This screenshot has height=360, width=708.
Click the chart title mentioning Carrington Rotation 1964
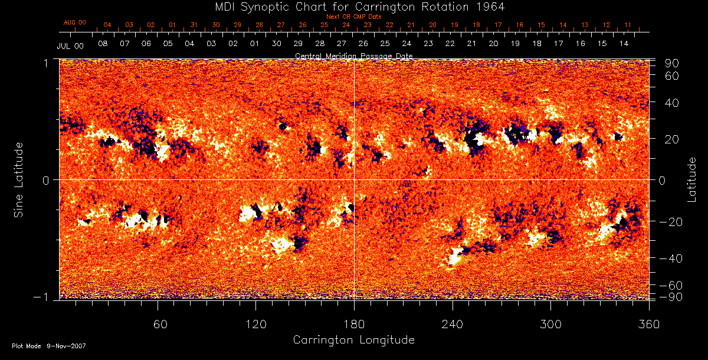(354, 6)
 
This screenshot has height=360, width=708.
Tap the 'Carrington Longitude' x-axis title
(353, 340)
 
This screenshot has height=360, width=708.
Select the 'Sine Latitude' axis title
(19, 179)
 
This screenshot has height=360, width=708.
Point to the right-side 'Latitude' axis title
(692, 179)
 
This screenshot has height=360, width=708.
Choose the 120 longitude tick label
(255, 325)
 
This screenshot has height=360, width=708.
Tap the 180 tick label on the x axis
(354, 325)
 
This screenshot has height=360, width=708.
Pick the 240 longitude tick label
(452, 325)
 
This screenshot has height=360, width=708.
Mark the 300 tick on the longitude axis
(550, 325)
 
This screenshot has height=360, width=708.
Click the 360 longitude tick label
(649, 325)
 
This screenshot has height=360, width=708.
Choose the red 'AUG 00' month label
(74, 22)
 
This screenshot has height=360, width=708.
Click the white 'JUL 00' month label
(70, 45)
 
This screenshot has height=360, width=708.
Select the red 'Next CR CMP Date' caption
(353, 17)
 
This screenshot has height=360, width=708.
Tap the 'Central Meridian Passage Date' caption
(353, 56)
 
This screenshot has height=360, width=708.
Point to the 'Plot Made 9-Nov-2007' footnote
(49, 346)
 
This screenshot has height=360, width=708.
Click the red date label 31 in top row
(194, 25)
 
